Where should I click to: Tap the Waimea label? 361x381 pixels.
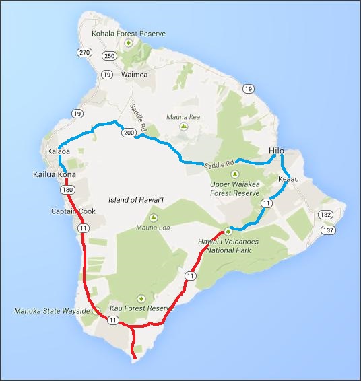[133, 75]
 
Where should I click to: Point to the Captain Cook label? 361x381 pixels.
[73, 211]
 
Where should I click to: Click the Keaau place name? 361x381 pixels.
[288, 179]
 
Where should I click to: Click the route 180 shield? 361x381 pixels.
[66, 190]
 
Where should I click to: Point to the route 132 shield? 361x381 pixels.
[327, 214]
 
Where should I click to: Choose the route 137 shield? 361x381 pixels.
[328, 230]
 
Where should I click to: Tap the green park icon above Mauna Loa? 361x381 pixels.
[153, 217]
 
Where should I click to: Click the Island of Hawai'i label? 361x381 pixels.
[137, 201]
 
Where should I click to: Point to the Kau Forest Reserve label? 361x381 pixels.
[141, 308]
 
